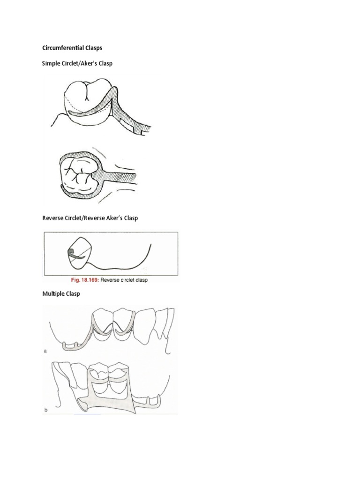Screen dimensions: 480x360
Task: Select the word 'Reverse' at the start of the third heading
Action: pos(53,218)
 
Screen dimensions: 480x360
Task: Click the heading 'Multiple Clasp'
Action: pos(61,294)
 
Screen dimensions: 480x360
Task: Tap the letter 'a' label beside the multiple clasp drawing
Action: pos(45,350)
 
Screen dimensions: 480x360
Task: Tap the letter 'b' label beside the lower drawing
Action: pos(45,410)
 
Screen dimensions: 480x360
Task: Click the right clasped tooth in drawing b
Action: pos(119,375)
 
